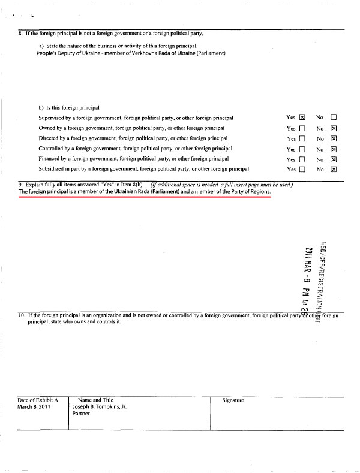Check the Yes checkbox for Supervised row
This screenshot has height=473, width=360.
302,118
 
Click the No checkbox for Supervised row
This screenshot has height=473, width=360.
334,118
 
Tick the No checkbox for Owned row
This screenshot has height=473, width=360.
334,128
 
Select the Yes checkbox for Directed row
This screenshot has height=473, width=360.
302,138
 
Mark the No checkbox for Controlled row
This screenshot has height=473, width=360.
334,149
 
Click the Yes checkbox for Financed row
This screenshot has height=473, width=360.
302,159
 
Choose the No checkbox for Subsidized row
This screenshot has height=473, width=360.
334,170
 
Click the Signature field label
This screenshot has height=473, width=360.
233,400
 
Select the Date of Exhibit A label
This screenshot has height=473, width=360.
38,400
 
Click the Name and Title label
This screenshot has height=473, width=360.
95,400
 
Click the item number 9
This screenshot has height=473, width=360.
20,185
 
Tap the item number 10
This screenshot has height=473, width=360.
22,315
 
